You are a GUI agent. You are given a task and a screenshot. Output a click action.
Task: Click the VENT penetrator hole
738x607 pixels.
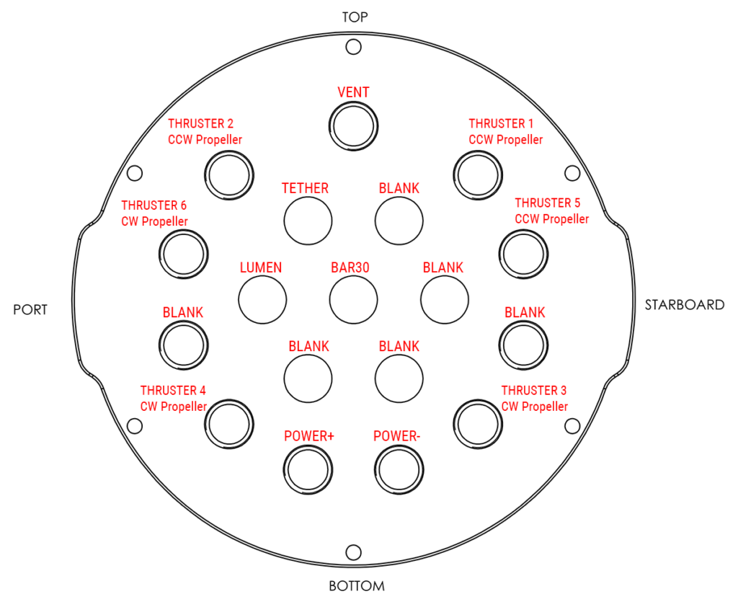(x=353, y=126)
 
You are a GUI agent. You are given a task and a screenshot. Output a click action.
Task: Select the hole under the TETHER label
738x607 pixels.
(x=308, y=220)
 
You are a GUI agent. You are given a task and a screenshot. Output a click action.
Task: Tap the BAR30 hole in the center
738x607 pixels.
(x=353, y=299)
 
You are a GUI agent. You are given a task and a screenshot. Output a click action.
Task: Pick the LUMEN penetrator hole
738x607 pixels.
(x=262, y=299)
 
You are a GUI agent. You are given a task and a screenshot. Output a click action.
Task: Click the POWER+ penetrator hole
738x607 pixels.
(x=308, y=470)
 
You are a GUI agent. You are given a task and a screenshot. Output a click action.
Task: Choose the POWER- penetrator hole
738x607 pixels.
(x=399, y=470)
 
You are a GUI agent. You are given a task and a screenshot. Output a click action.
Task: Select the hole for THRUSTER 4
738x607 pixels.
(x=230, y=421)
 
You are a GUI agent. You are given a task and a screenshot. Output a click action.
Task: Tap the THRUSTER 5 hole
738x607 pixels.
(x=523, y=253)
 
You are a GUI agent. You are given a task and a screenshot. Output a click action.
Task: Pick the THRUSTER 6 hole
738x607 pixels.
(x=183, y=253)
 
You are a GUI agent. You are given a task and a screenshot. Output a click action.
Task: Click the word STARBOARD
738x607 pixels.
(x=684, y=305)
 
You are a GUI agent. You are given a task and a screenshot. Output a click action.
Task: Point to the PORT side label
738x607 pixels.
(x=30, y=310)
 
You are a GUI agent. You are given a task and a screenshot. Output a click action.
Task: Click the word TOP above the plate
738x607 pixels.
(x=355, y=17)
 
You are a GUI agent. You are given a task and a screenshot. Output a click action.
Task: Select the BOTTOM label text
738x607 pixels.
(x=357, y=586)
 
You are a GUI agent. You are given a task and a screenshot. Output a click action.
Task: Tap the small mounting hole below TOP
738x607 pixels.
(x=353, y=47)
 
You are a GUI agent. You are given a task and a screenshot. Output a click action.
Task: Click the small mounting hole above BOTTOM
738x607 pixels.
(x=353, y=552)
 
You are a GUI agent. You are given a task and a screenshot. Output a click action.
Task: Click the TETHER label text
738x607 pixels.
(x=305, y=189)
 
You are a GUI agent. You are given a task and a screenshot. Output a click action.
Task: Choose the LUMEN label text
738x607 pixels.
(x=260, y=268)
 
